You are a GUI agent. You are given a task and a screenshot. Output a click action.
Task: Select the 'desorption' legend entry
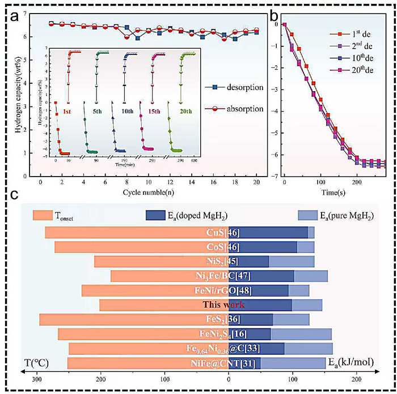click(x=236, y=89)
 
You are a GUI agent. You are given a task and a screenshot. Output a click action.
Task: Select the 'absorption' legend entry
click(x=236, y=108)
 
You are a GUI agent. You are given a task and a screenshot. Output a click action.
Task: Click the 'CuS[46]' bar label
click(x=226, y=232)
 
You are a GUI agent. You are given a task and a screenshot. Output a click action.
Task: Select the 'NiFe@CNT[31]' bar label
click(x=225, y=363)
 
